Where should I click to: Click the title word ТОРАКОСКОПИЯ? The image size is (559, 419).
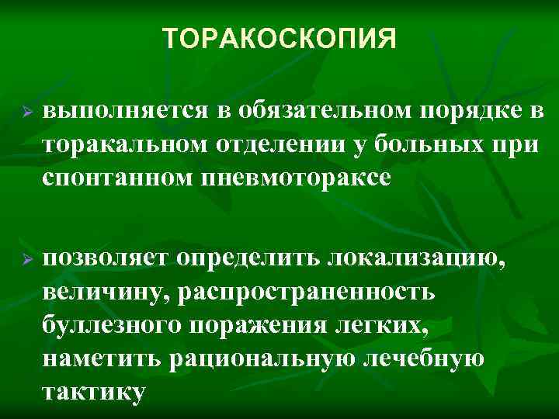(x=279, y=38)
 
